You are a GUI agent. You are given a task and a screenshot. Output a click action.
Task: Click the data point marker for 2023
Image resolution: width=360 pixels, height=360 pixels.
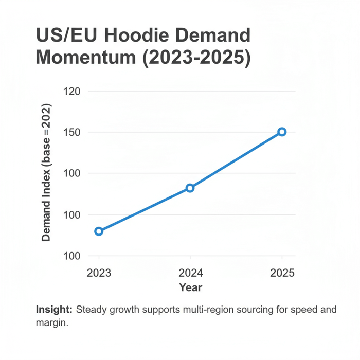[x=99, y=231]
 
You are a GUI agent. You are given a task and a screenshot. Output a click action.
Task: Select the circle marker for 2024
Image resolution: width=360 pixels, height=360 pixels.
[x=190, y=188]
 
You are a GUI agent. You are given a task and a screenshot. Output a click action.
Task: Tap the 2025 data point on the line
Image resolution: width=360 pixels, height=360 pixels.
[x=282, y=132]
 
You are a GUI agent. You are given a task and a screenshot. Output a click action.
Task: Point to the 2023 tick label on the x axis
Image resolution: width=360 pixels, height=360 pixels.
[x=99, y=273]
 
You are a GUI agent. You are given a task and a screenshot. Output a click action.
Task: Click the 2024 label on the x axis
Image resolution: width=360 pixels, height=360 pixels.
[x=190, y=273]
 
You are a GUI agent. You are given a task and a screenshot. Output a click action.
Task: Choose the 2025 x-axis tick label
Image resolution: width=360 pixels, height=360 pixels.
[x=282, y=273]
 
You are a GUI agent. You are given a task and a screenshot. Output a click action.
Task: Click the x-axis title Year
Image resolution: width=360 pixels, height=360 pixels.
[x=190, y=287]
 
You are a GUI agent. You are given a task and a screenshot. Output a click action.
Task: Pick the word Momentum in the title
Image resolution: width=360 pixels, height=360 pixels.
[x=85, y=58]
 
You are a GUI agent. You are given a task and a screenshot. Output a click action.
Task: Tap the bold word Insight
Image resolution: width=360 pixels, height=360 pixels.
[x=54, y=310]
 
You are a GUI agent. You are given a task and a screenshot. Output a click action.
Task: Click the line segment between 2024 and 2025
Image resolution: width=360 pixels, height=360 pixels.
[x=236, y=160]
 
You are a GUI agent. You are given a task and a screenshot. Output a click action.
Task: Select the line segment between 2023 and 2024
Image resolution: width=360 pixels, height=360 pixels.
[x=144, y=210]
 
